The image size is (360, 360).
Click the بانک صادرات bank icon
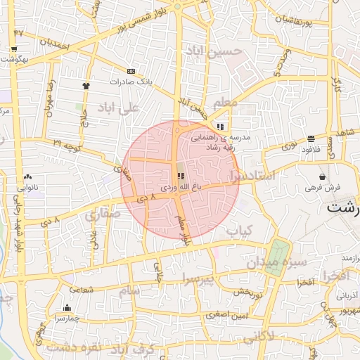[131, 71]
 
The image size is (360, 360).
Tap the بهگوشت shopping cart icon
[14, 49]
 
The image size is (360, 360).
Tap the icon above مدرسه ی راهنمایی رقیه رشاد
[220, 127]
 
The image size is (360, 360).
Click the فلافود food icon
[311, 139]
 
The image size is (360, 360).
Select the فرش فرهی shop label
[323, 188]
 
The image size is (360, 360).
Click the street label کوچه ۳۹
[67, 144]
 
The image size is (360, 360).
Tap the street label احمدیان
[56, 43]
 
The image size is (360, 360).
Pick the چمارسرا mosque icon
[67, 307]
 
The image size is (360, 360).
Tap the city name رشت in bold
[344, 209]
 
